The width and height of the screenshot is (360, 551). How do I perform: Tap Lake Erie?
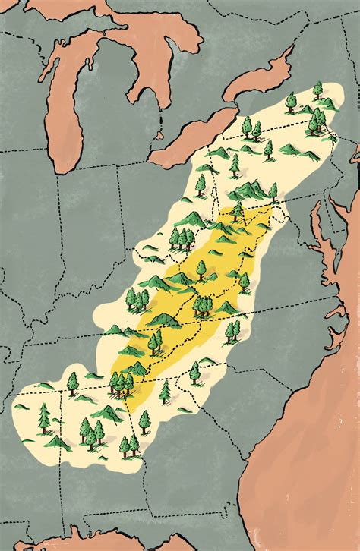190,137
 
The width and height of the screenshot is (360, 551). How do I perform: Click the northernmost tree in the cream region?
317,89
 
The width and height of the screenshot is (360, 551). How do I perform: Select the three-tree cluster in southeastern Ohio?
182,238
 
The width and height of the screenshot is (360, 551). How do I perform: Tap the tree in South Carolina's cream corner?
195,372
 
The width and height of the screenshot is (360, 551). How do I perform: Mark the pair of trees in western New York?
251,128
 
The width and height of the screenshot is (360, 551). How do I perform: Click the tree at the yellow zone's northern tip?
238,209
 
